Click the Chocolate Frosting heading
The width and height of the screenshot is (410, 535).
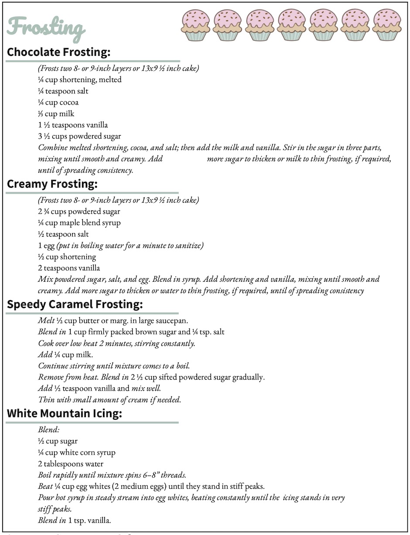(x=59, y=52)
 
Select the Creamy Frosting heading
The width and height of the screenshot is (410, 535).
(x=51, y=184)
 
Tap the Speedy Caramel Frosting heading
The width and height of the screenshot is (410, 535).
(x=75, y=304)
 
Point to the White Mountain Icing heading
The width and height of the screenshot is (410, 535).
(x=64, y=414)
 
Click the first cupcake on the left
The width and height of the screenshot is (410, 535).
(x=195, y=25)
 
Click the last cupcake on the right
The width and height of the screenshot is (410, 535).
(x=387, y=25)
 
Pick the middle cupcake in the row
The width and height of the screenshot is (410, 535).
(x=291, y=25)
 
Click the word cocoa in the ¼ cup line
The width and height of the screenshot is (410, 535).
(x=69, y=103)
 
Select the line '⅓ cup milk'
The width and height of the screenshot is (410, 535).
(x=56, y=114)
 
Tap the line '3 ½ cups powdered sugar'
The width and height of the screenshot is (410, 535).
(x=79, y=136)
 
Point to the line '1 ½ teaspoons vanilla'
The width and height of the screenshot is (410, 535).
(x=73, y=125)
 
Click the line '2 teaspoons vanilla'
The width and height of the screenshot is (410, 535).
(x=69, y=268)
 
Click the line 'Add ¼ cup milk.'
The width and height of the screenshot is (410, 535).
(x=65, y=355)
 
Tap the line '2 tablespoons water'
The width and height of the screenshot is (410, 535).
(x=71, y=464)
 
